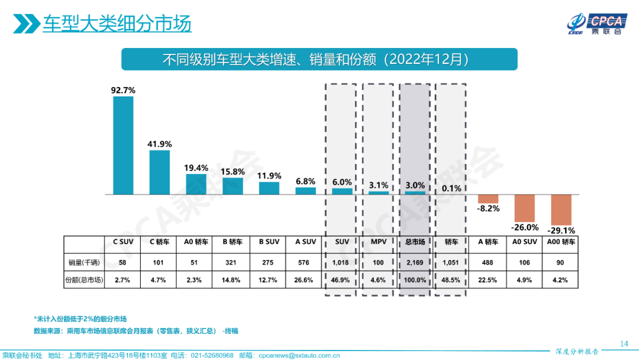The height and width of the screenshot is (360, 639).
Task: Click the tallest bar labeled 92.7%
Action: coord(123,145)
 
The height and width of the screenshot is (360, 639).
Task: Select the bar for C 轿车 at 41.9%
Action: coord(160,172)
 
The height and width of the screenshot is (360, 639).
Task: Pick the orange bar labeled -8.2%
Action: coord(488,199)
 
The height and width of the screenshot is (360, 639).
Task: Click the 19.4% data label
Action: coord(196,168)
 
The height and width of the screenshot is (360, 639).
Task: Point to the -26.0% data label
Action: coord(525,227)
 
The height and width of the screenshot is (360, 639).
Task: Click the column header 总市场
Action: coord(415,242)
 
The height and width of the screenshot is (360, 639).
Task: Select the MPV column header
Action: coord(378,242)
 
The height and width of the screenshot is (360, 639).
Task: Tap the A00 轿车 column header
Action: coord(561,242)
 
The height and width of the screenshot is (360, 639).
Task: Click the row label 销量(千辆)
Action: coord(83,262)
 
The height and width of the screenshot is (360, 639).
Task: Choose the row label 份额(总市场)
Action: coord(83,280)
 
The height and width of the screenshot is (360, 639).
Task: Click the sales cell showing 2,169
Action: coord(415,262)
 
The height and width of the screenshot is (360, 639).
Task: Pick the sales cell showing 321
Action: coord(233,262)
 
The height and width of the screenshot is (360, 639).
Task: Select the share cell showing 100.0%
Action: coord(415,280)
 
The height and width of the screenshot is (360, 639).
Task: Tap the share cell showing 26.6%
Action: coord(305,280)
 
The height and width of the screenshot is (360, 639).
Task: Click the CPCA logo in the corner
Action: coord(593,24)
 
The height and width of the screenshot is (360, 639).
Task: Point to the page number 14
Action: coord(623,343)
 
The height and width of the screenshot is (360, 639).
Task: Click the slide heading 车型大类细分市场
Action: coord(117,25)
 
